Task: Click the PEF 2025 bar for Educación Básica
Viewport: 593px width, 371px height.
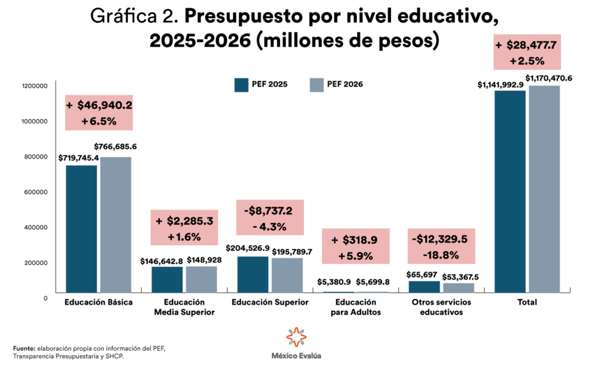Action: coord(81,228)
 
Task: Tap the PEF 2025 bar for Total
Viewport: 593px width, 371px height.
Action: coord(510,191)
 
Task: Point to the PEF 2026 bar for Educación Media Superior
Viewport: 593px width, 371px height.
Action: coord(202,279)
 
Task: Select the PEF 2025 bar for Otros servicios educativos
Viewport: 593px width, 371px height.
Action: coord(424,286)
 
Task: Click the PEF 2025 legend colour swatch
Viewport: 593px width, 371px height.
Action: coord(241,85)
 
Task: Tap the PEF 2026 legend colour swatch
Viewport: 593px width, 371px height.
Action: coord(316,85)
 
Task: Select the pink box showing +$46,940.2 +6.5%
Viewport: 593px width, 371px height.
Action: coord(99,112)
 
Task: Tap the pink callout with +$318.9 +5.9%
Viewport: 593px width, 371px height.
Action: coord(356,246)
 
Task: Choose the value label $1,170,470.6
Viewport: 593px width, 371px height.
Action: coord(548,78)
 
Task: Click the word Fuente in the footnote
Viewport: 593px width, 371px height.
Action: coord(24,348)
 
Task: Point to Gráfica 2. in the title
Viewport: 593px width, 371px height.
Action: coord(135,17)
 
